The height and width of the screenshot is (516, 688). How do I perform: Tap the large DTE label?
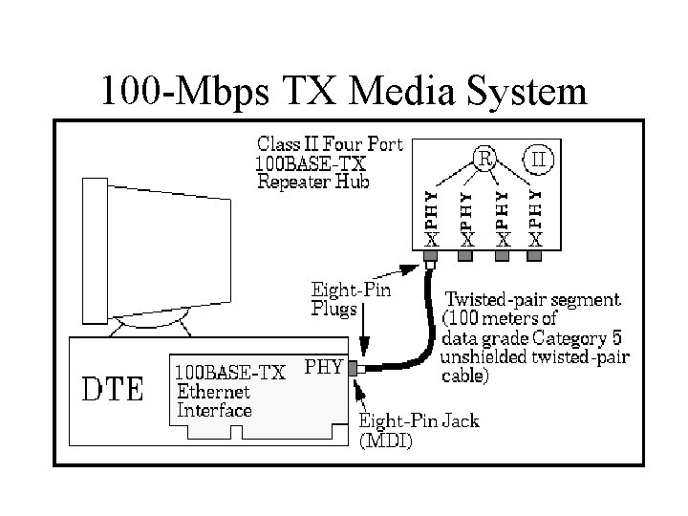(112, 389)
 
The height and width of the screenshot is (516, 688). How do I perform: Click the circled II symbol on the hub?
(539, 159)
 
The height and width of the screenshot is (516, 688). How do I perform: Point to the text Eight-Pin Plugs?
(351, 298)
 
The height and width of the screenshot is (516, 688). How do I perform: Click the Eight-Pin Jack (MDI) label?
(419, 431)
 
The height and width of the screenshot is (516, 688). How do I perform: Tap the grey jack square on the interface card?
(352, 368)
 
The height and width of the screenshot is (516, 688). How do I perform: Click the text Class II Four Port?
(331, 144)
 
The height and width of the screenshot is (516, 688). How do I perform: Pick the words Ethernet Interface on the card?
(215, 400)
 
